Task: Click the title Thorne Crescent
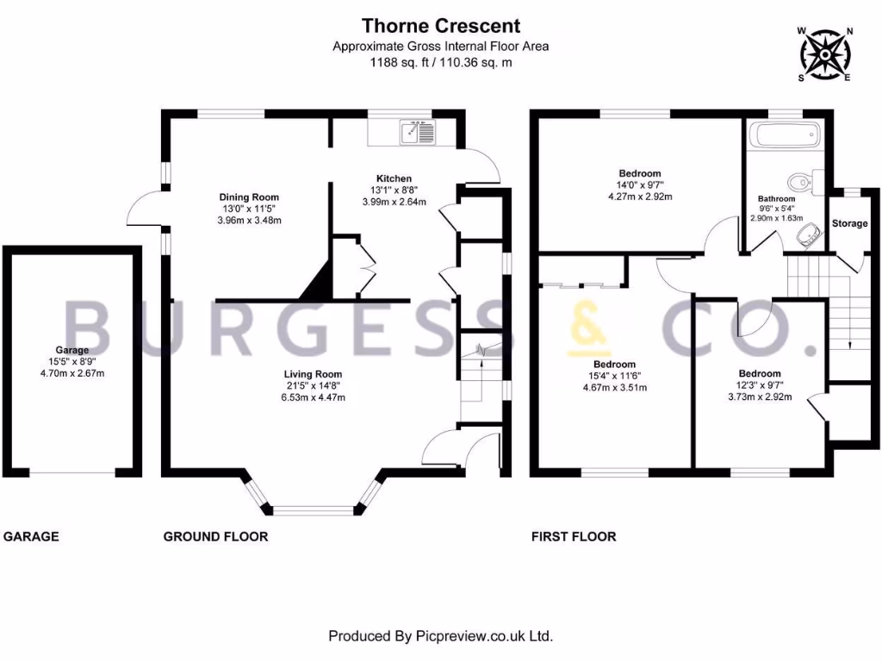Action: pos(440,26)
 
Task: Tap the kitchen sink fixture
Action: pos(419,132)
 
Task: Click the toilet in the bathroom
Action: pos(800,181)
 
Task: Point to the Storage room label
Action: pos(849,223)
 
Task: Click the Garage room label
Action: pos(73,351)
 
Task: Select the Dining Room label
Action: pos(248,197)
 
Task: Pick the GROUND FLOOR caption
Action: pos(215,536)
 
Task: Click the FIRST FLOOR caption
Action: pos(573,536)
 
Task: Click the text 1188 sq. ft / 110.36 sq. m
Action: pos(440,62)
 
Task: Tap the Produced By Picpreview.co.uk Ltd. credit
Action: pos(440,636)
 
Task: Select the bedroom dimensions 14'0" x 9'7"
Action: pos(639,184)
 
